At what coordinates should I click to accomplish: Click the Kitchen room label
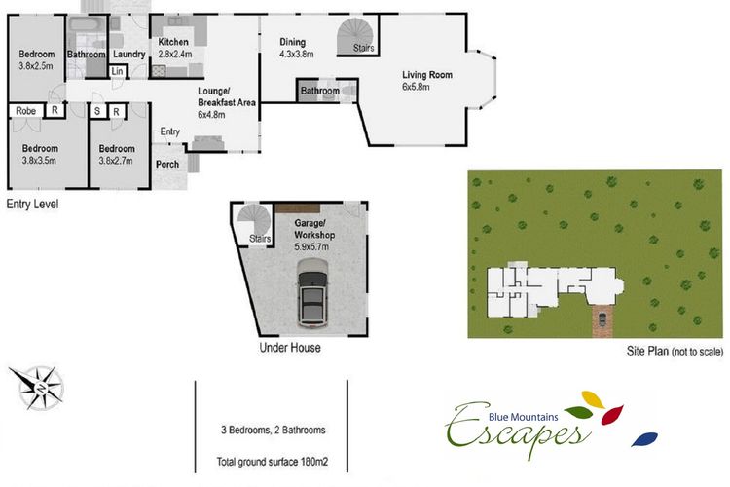click(173, 42)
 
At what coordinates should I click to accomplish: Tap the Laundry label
click(128, 55)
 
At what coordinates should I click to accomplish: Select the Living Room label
click(427, 75)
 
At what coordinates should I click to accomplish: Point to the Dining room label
click(292, 42)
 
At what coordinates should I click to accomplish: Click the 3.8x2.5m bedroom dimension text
click(36, 66)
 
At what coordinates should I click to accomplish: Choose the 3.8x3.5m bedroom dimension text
click(39, 161)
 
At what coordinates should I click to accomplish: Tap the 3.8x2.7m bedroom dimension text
click(116, 161)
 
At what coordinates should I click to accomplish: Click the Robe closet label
click(25, 111)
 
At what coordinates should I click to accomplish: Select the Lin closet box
click(117, 71)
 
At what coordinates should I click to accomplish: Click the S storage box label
click(97, 111)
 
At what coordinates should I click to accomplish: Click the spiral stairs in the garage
click(254, 224)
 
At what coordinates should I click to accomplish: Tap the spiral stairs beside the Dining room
click(356, 36)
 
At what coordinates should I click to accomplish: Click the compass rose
click(36, 387)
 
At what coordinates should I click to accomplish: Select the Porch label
click(167, 164)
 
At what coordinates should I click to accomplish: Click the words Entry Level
click(32, 205)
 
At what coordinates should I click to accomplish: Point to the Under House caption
click(290, 348)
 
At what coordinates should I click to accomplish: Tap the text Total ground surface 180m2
click(273, 462)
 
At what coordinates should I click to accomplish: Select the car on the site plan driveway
click(602, 319)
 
